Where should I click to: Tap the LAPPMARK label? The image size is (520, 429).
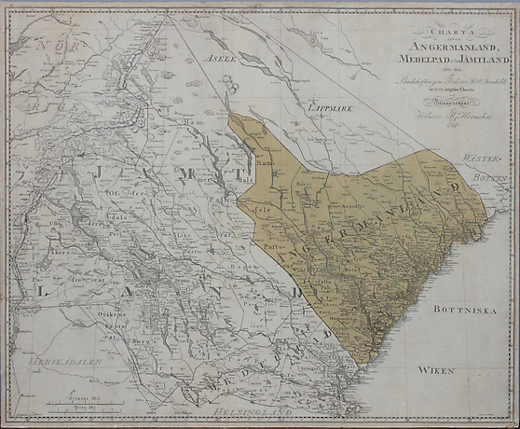[x=329, y=107]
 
